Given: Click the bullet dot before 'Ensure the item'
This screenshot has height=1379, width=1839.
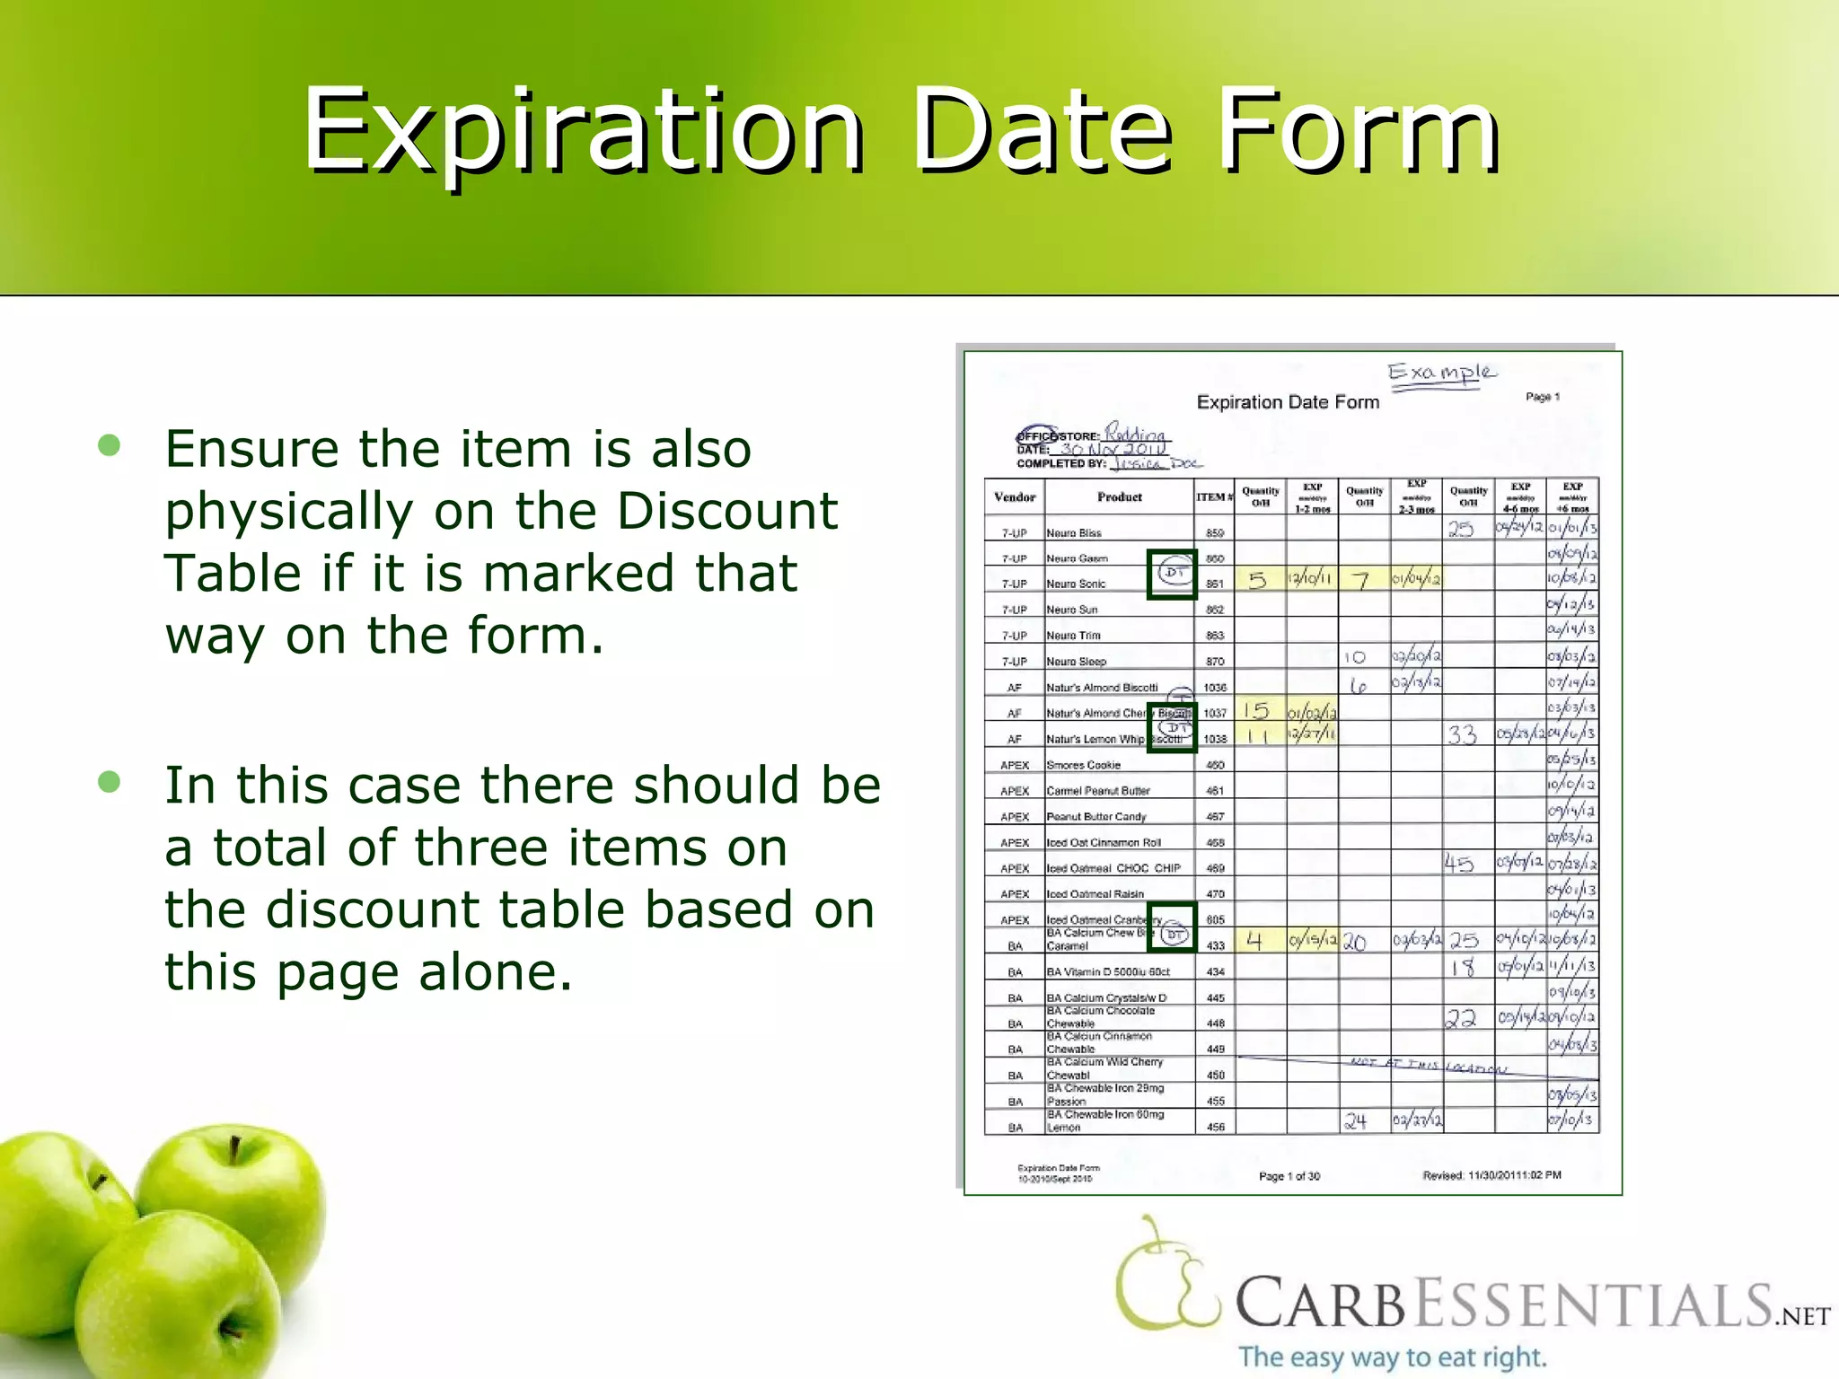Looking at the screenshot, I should [110, 445].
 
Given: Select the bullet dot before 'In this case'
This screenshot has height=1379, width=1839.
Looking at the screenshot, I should [110, 782].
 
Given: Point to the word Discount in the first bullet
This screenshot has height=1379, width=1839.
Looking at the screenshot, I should [727, 511].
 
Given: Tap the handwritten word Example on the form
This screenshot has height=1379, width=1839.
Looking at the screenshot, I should [1441, 373].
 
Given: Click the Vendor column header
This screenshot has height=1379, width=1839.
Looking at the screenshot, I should [1015, 497].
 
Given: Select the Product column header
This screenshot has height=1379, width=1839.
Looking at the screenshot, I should [1120, 497].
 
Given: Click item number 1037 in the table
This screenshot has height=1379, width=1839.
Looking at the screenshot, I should [1215, 713].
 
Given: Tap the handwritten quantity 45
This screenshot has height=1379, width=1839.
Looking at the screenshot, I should [1459, 864].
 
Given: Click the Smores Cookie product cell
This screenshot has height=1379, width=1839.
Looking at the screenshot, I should [1084, 765].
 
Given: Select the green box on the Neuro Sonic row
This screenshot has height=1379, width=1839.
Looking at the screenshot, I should [1173, 575].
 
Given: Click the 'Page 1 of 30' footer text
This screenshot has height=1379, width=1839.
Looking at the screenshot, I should [1289, 1176].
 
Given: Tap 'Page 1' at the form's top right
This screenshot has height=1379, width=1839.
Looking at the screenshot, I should [1543, 397].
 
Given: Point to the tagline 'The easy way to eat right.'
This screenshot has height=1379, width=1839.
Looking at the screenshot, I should [1393, 1357].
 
